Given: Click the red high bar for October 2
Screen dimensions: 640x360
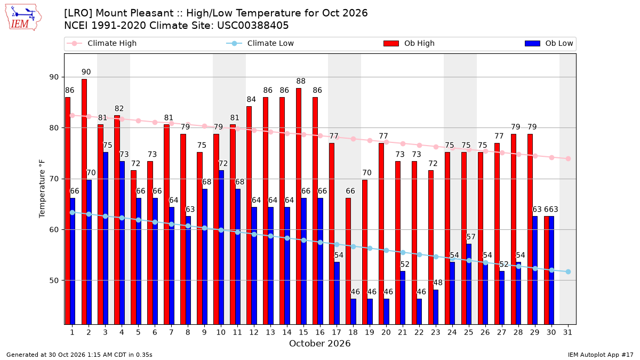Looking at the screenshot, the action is (x=84, y=202).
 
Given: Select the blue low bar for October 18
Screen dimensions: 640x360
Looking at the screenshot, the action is (x=354, y=311).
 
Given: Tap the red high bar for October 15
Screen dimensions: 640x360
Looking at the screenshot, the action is (x=299, y=206).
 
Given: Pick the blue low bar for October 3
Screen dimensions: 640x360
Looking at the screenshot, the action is (x=106, y=238).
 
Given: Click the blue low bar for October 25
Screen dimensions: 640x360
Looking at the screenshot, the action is (x=469, y=284).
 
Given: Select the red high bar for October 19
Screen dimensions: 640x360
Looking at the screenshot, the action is (x=365, y=252).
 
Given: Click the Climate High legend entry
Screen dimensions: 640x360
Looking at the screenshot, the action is (x=102, y=43).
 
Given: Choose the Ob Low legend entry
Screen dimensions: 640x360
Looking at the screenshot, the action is (x=549, y=43).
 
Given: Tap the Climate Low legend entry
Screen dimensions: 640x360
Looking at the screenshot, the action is (x=260, y=43).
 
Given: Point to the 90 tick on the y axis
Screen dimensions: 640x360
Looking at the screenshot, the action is (x=54, y=77).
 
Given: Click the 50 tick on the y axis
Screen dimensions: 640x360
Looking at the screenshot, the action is (x=54, y=281).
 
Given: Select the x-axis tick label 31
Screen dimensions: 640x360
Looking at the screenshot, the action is (x=567, y=332).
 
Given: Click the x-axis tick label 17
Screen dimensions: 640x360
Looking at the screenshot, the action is (x=337, y=332).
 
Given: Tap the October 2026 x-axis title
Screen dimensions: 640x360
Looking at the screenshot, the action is (x=319, y=343).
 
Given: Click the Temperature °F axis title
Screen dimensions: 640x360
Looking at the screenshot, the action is (x=42, y=189).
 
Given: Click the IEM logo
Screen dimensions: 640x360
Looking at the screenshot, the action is (x=23, y=18).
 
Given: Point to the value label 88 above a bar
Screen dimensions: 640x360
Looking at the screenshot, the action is (x=301, y=81).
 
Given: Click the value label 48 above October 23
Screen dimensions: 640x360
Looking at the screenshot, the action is (x=438, y=283).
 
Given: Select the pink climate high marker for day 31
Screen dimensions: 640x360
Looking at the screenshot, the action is (x=568, y=158).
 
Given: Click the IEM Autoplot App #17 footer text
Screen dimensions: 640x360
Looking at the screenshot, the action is (x=601, y=355).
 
